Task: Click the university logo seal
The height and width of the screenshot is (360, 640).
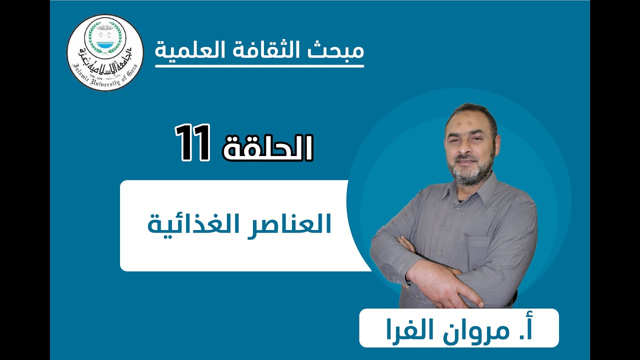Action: tap(105, 52)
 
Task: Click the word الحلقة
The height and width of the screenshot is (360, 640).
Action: tap(267, 147)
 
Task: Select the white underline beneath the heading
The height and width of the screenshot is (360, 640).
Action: tap(259, 65)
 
